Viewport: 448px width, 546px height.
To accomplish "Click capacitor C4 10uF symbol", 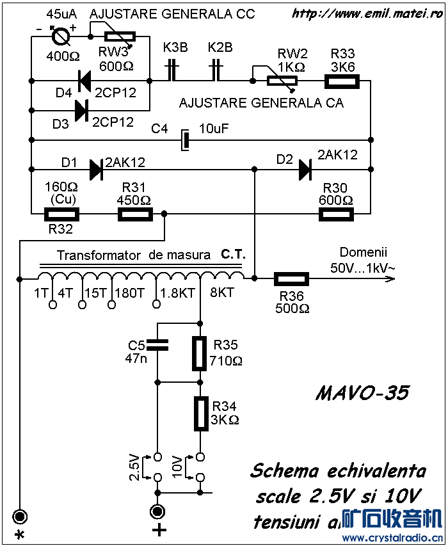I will [x=184, y=140].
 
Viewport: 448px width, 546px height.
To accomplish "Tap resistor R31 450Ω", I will [x=135, y=214].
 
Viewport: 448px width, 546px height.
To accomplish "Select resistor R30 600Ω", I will [x=337, y=214].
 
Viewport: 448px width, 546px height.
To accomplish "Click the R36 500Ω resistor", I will [x=292, y=278].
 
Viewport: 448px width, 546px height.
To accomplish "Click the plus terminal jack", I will [x=157, y=511].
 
